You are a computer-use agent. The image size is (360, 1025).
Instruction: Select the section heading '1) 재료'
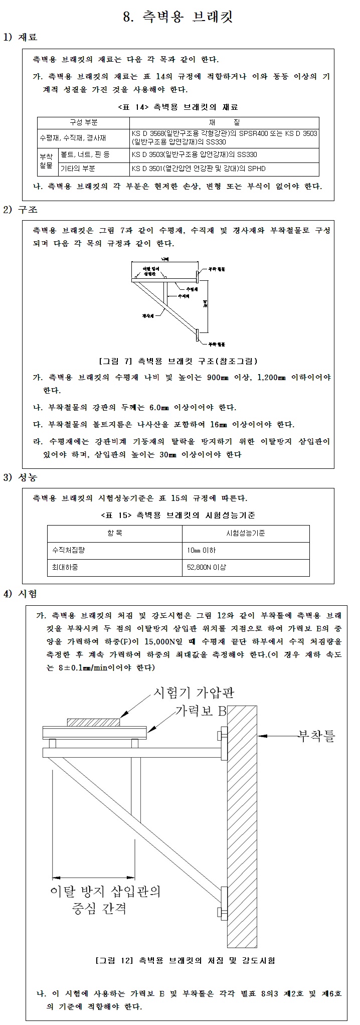21,38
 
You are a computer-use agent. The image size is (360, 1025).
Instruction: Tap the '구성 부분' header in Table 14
83,122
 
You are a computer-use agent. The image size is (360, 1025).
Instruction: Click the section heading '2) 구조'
21,210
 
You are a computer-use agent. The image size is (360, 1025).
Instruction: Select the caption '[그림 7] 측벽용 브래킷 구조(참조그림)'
179,361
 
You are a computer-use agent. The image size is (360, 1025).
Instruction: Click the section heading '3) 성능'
21,477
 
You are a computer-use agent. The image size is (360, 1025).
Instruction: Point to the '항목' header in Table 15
115,533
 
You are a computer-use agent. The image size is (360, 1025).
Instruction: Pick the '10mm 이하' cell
201,550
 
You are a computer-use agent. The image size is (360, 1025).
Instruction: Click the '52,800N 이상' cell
206,568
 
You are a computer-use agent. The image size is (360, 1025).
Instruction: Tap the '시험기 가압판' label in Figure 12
193,693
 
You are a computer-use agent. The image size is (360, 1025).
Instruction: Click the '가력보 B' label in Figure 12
201,711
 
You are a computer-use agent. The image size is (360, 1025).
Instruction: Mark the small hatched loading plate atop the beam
94,722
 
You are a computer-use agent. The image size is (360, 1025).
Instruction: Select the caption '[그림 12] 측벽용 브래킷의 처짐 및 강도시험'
185,961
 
